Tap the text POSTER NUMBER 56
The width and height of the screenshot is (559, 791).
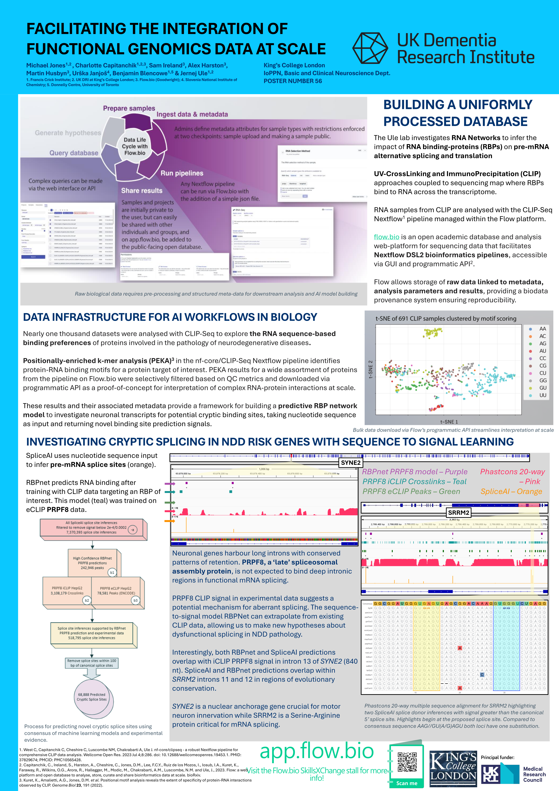[293, 81]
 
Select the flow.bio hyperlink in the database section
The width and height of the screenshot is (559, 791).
[386, 237]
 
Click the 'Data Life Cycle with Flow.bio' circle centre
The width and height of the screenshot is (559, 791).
[135, 146]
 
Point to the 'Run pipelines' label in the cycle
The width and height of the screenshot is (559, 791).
[182, 173]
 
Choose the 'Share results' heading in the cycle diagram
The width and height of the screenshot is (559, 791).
[141, 190]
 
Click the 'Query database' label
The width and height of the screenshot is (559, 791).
[74, 153]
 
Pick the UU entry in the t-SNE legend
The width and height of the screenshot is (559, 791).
[542, 395]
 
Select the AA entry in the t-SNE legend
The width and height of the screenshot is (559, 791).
[542, 329]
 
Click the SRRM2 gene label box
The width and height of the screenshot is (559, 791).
[459, 513]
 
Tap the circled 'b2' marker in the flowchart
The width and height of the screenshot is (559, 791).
[87, 601]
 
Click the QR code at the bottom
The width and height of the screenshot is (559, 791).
[407, 762]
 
